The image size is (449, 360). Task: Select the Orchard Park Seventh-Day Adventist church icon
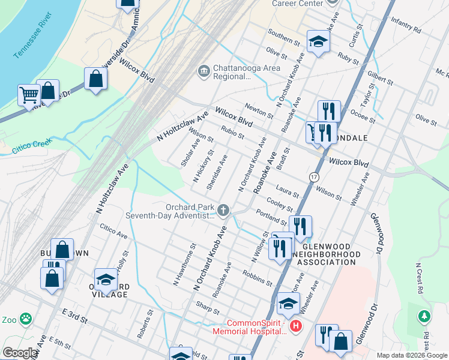(223, 210)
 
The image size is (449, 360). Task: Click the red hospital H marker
(295, 326)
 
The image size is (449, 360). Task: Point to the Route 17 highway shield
(313, 177)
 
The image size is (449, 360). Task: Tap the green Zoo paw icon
(25, 318)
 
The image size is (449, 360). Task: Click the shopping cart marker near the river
(28, 95)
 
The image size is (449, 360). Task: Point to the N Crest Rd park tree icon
(424, 315)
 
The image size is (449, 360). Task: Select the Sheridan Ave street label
(217, 173)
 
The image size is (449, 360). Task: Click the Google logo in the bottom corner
(20, 353)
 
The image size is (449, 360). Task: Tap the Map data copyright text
(412, 355)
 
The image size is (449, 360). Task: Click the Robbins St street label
(258, 277)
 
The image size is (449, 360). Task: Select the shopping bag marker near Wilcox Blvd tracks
(95, 79)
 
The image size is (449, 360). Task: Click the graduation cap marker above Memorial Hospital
(288, 304)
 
